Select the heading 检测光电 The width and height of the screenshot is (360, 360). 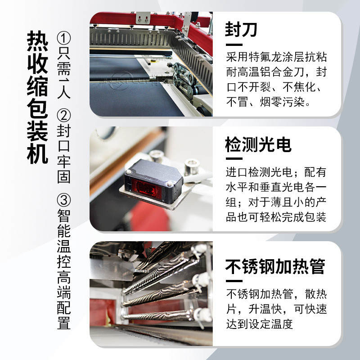point(259,144)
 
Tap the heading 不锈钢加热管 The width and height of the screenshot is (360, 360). point(275,266)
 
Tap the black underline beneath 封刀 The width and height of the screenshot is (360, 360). point(234,45)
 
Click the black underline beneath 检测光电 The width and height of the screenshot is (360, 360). point(234,159)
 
